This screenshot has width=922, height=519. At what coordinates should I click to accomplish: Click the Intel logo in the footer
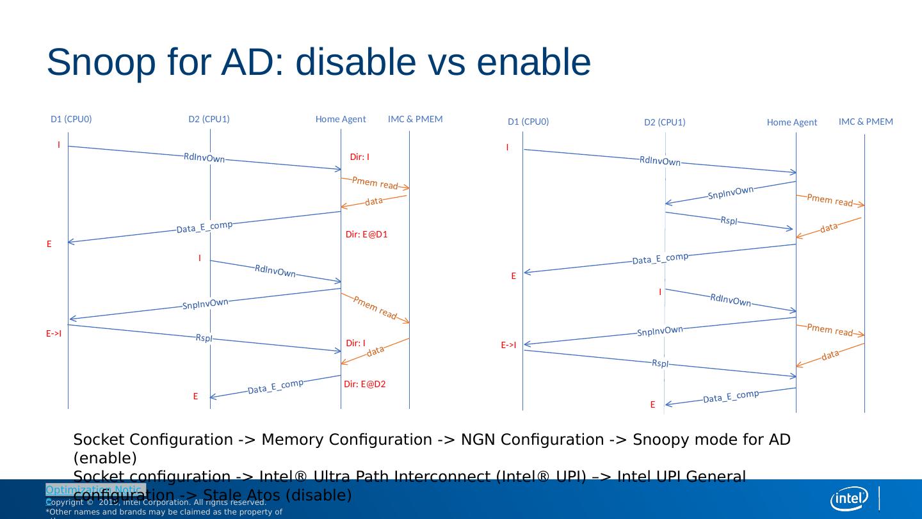[849, 498]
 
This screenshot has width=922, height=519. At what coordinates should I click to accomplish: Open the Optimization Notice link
[95, 490]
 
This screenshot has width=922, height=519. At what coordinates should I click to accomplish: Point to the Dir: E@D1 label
[367, 235]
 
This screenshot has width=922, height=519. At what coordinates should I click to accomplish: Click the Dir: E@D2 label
[364, 385]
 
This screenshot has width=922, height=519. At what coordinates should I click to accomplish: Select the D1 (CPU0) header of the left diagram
[71, 119]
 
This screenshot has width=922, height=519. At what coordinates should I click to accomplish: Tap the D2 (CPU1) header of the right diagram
[665, 123]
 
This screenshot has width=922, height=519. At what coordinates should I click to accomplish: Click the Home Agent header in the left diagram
[341, 119]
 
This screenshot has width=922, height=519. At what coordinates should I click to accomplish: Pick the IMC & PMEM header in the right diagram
[866, 122]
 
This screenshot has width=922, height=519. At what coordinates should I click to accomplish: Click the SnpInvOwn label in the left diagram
[206, 304]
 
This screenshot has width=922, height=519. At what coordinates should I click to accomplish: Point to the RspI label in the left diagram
[204, 338]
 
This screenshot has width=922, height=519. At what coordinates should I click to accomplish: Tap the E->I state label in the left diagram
[54, 333]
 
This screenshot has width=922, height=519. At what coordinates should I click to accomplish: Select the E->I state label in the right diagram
[508, 346]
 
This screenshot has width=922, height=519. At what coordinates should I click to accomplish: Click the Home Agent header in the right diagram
[792, 123]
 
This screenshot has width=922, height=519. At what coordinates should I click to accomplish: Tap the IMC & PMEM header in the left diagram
[415, 119]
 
